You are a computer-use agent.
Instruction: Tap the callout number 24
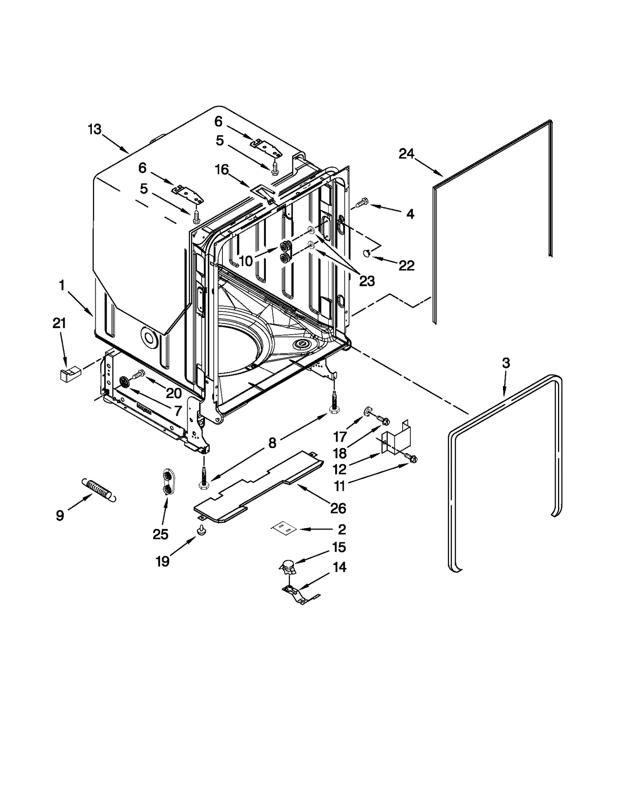(x=406, y=154)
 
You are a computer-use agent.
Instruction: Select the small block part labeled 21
(x=70, y=375)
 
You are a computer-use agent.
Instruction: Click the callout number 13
(x=94, y=129)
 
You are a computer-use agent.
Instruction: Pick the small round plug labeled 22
(x=367, y=253)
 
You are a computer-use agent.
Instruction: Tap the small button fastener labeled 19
(x=201, y=530)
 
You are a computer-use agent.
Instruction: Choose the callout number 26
(x=338, y=508)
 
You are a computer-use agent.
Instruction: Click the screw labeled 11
(x=412, y=459)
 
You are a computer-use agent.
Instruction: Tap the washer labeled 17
(x=366, y=410)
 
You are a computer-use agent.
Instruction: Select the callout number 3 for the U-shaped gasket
(x=506, y=363)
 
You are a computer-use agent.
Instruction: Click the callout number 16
(x=222, y=170)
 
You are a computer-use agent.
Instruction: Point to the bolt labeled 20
(x=139, y=374)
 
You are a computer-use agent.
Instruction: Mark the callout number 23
(x=367, y=281)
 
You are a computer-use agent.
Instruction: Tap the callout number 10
(x=246, y=261)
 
